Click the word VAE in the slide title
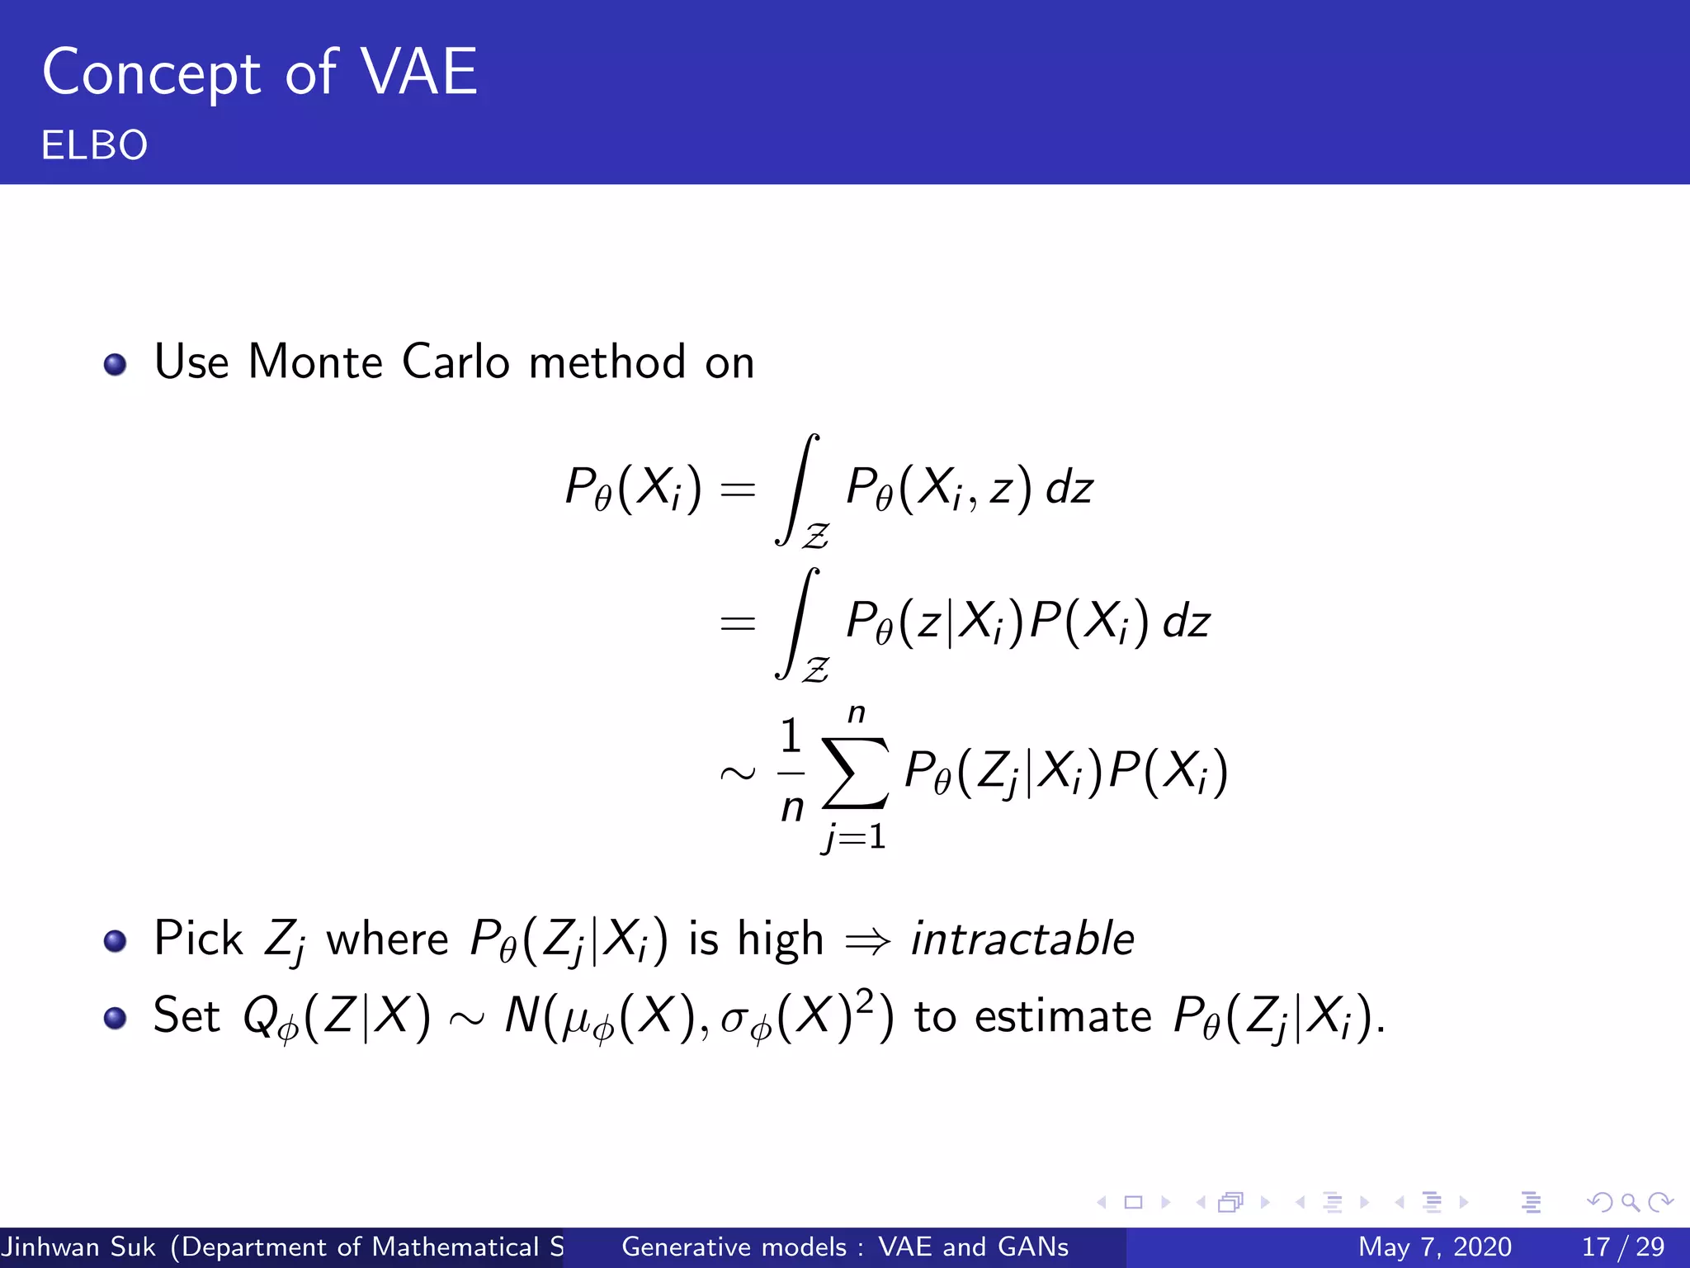tap(420, 73)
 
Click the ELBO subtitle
tap(94, 145)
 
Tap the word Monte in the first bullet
tap(315, 362)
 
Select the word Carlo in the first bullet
tap(456, 362)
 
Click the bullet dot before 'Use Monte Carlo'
tap(116, 364)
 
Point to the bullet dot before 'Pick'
tap(116, 941)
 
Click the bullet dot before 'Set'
tap(116, 1018)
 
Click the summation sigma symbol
tap(856, 773)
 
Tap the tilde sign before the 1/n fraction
tap(737, 774)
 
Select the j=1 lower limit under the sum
tap(854, 838)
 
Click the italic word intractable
tap(1022, 939)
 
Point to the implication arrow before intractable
tap(868, 941)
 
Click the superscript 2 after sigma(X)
tap(864, 1001)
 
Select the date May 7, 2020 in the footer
tap(1434, 1247)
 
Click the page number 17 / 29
tap(1622, 1247)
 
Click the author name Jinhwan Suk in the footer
tap(78, 1247)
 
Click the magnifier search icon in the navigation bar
tap(1630, 1203)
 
